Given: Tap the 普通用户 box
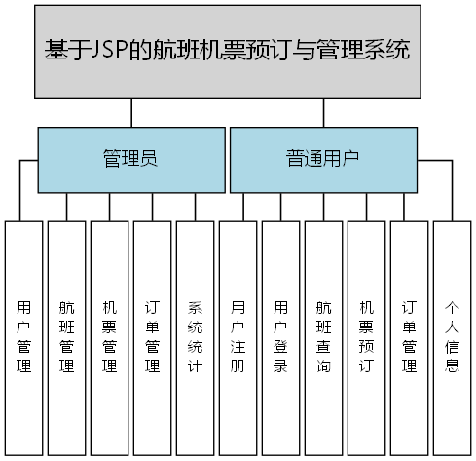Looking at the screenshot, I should coord(322,158).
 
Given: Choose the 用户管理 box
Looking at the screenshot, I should coord(23,336).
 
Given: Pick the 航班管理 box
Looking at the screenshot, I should coord(66,336).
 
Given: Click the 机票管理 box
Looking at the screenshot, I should coord(109,336).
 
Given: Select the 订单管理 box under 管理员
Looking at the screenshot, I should coord(152,336).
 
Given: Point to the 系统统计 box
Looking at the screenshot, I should coord(195,336).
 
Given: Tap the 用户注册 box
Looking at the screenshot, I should coord(238,336).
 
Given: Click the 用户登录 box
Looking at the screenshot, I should coord(280,336).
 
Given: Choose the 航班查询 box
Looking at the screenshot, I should coord(323,336).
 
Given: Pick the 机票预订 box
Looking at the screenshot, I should coord(366,336).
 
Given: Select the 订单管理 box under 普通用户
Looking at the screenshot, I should coord(409,336).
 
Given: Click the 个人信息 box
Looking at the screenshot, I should coord(452,336).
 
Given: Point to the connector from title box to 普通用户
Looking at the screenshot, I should coord(321,112).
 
